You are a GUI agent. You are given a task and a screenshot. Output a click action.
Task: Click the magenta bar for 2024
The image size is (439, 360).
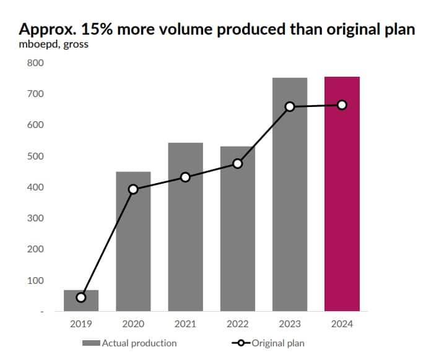342,198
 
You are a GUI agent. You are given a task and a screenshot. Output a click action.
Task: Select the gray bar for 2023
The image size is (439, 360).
290,198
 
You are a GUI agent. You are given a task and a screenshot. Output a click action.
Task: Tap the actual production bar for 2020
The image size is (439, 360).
133,247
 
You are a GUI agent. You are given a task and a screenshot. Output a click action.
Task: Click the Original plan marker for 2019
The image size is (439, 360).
81,298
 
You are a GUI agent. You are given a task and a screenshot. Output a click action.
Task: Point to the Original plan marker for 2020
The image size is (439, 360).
133,189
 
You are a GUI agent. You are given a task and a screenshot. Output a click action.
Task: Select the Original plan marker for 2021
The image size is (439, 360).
185,178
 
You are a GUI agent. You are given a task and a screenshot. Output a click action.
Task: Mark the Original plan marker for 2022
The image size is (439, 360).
237,164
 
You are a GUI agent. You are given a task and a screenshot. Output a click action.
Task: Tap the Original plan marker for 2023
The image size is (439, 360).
290,106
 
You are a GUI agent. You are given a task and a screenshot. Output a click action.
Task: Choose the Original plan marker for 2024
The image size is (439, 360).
342,105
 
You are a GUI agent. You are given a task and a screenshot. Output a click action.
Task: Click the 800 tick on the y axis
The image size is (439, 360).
36,63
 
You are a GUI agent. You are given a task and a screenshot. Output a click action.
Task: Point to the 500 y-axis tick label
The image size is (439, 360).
36,156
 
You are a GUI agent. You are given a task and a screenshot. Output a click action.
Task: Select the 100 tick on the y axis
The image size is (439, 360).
36,281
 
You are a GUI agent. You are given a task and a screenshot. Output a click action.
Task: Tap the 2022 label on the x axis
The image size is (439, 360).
237,323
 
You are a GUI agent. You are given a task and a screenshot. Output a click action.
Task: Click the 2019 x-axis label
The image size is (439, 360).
81,323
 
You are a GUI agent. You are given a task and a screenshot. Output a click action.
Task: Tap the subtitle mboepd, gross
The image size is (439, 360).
53,45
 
